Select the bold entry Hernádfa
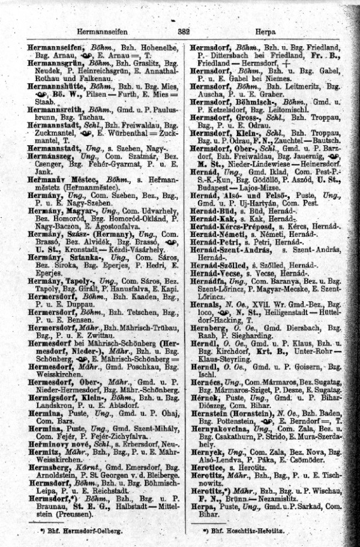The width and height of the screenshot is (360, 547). [208, 281]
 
